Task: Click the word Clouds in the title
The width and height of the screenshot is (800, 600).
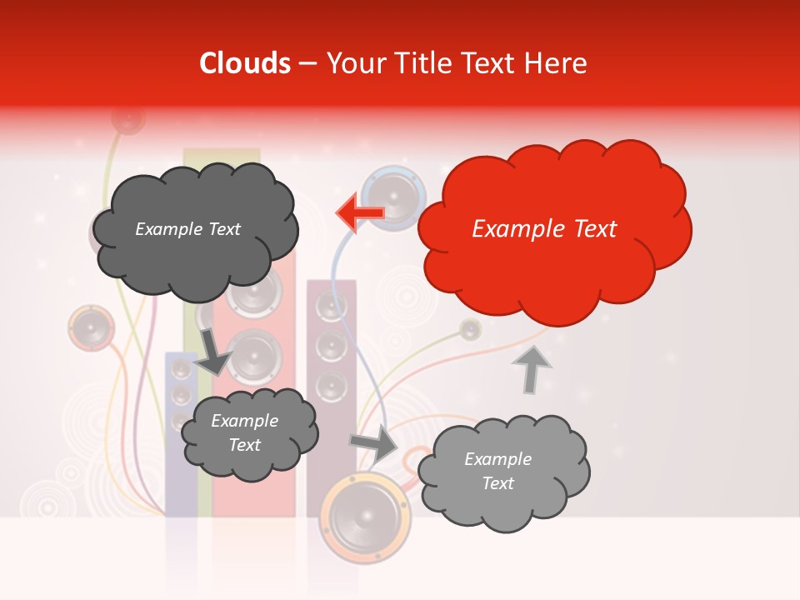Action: click(x=244, y=63)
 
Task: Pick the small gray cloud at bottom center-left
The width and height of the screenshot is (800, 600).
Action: click(x=248, y=433)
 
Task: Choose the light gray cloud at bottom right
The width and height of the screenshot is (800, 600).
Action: click(x=502, y=472)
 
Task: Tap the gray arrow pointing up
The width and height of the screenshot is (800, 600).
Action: click(x=531, y=368)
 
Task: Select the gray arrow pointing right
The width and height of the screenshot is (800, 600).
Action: click(x=375, y=443)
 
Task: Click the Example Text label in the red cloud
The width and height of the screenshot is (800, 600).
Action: click(x=544, y=229)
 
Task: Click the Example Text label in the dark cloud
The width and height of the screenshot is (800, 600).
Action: click(x=187, y=229)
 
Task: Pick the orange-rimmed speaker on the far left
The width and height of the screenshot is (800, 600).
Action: click(x=90, y=328)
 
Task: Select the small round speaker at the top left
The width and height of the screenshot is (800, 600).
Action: click(x=127, y=119)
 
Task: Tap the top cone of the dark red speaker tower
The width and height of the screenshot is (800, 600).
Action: click(x=331, y=307)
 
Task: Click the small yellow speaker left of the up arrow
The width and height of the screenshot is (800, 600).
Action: click(x=471, y=329)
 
